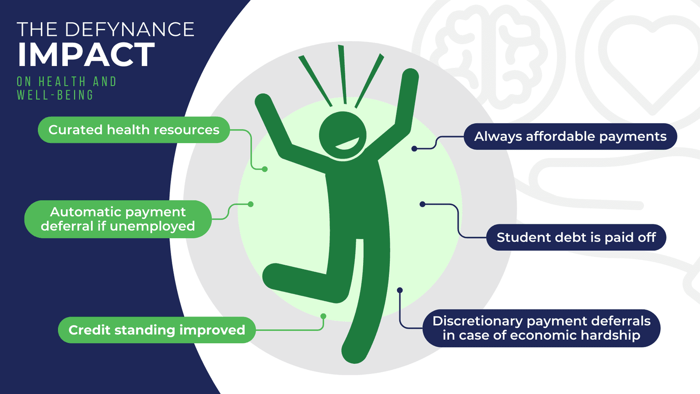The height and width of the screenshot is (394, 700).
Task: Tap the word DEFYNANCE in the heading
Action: (x=129, y=29)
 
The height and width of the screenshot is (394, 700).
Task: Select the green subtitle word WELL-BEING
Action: (x=55, y=95)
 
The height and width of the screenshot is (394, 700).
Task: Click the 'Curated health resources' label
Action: (x=134, y=130)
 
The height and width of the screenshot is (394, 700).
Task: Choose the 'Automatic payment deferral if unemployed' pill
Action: (x=118, y=219)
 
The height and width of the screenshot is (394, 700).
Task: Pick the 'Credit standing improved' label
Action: (x=157, y=330)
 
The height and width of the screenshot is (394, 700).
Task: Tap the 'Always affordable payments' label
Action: (x=570, y=136)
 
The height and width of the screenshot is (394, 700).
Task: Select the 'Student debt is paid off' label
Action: (x=576, y=237)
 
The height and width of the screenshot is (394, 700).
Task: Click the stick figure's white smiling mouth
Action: (x=347, y=144)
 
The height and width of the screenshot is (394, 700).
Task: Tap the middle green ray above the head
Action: (x=343, y=74)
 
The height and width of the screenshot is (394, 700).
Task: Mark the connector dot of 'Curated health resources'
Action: (x=265, y=169)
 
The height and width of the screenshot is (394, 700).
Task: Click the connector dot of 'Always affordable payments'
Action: (x=414, y=149)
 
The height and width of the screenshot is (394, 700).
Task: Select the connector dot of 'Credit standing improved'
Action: (x=323, y=316)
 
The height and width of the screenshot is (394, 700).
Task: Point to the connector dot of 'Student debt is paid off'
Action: (x=423, y=204)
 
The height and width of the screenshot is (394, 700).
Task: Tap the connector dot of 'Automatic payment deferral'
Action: (x=251, y=204)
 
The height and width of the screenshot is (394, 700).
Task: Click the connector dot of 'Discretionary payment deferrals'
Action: (x=400, y=290)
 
